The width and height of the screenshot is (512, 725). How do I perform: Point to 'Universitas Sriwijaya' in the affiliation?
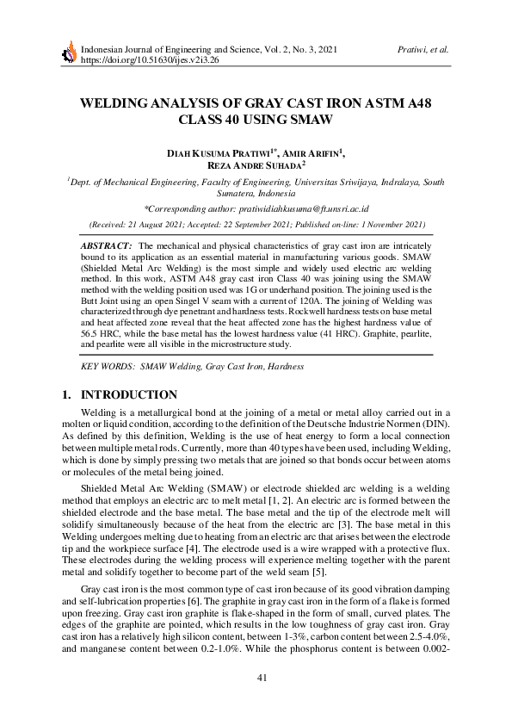[374, 183]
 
